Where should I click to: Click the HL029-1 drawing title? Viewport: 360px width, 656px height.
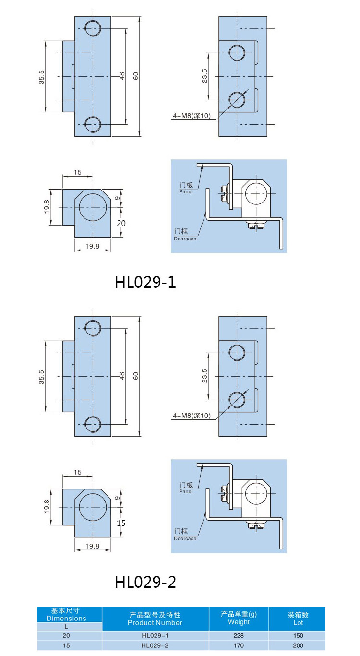[145, 282]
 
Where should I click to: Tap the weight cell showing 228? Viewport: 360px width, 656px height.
[239, 635]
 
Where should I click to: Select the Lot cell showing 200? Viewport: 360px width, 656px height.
[298, 645]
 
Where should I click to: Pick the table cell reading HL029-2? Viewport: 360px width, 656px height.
[155, 645]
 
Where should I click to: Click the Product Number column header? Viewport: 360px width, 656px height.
[155, 619]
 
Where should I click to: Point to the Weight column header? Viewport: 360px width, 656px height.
[239, 618]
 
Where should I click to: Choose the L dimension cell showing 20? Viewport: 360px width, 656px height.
[66, 635]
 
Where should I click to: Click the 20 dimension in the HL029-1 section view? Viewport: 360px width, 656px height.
[121, 223]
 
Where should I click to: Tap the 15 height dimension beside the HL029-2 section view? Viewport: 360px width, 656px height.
[121, 523]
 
